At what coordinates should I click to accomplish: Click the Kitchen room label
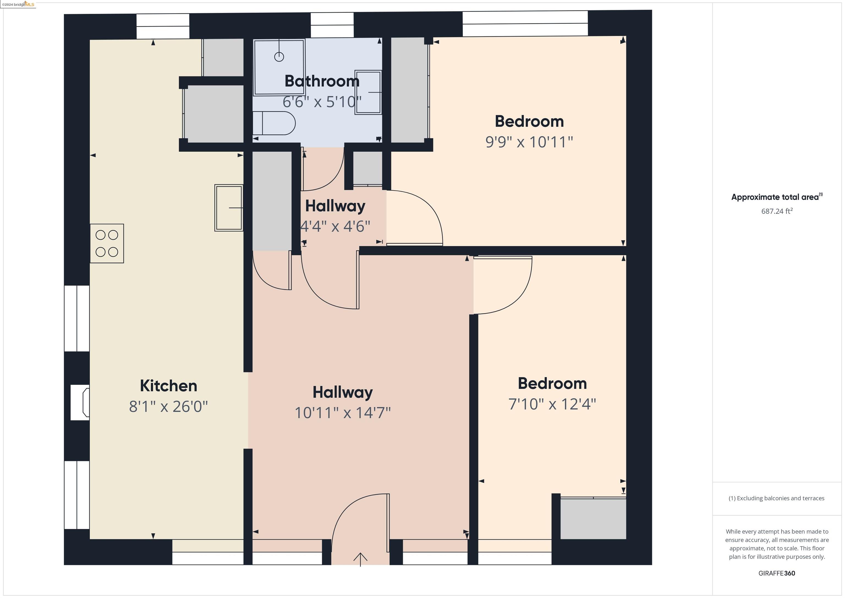[169, 386]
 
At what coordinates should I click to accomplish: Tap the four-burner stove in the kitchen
[107, 243]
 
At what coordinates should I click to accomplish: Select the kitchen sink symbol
[229, 208]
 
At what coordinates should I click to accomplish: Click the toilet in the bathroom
[274, 123]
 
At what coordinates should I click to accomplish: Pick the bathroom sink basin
[368, 92]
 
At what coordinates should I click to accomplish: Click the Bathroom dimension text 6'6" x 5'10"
[322, 102]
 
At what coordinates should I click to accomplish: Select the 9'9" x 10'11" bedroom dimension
[529, 142]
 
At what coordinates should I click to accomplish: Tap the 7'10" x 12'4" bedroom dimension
[552, 404]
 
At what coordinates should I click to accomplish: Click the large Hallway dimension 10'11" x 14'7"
[343, 413]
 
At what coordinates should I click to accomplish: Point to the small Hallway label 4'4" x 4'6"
[335, 226]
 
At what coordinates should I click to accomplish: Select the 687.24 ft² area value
[777, 211]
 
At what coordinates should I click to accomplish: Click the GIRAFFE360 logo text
[777, 573]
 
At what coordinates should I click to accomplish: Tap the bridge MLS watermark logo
[18, 4]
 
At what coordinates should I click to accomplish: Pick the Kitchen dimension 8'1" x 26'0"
[169, 406]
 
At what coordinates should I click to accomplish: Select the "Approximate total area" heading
[777, 197]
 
